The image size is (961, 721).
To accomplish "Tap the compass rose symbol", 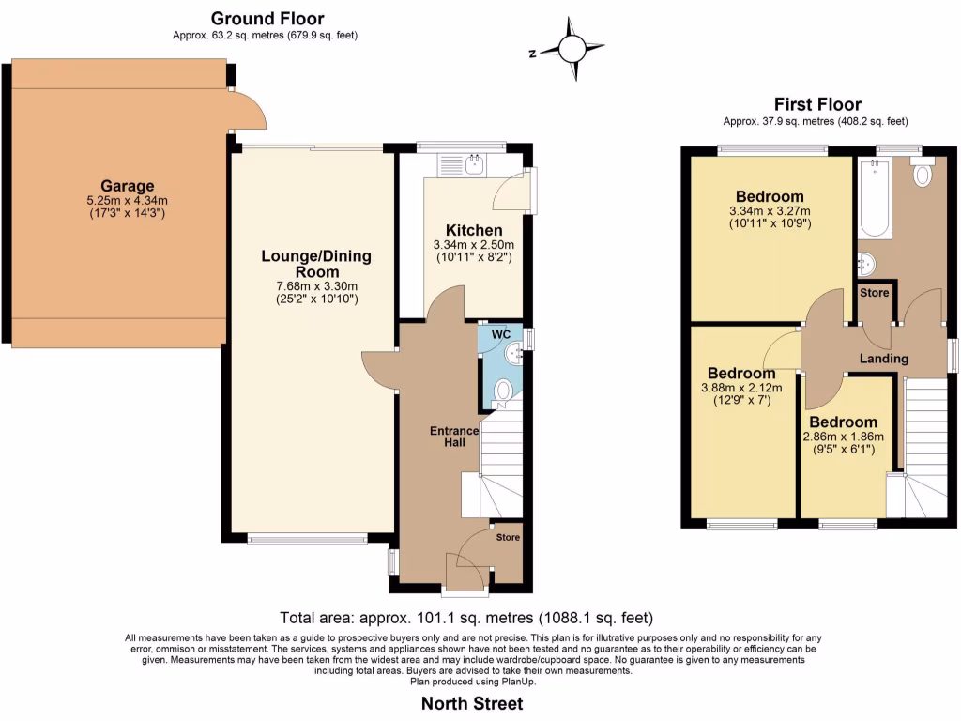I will (572, 51).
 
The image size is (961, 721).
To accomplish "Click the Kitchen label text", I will (474, 230).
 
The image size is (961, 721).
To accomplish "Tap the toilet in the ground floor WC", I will (503, 390).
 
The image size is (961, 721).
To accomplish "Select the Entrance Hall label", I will (454, 437).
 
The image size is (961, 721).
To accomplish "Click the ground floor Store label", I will (507, 538).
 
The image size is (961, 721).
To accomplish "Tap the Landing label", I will (884, 359).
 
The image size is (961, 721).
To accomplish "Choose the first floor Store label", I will (875, 293).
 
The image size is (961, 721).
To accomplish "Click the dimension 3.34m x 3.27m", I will (770, 211).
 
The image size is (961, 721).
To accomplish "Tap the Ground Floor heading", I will (267, 18).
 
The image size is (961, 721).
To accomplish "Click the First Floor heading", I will (816, 104).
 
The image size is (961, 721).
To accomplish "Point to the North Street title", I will (472, 703).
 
